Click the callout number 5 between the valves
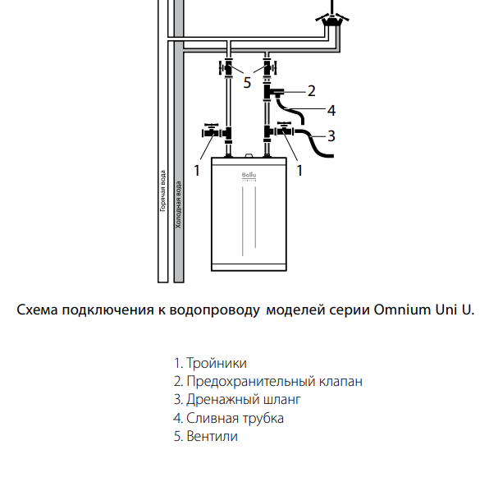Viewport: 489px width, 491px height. click(247, 81)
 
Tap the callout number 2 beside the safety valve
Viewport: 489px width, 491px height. click(311, 90)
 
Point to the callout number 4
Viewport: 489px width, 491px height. click(331, 110)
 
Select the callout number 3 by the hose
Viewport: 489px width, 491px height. click(331, 135)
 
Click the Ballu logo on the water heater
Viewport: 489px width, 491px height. click(249, 174)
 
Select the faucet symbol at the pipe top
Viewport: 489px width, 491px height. click(331, 21)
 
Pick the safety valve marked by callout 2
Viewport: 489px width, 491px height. click(274, 93)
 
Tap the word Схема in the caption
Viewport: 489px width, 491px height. click(36, 310)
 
